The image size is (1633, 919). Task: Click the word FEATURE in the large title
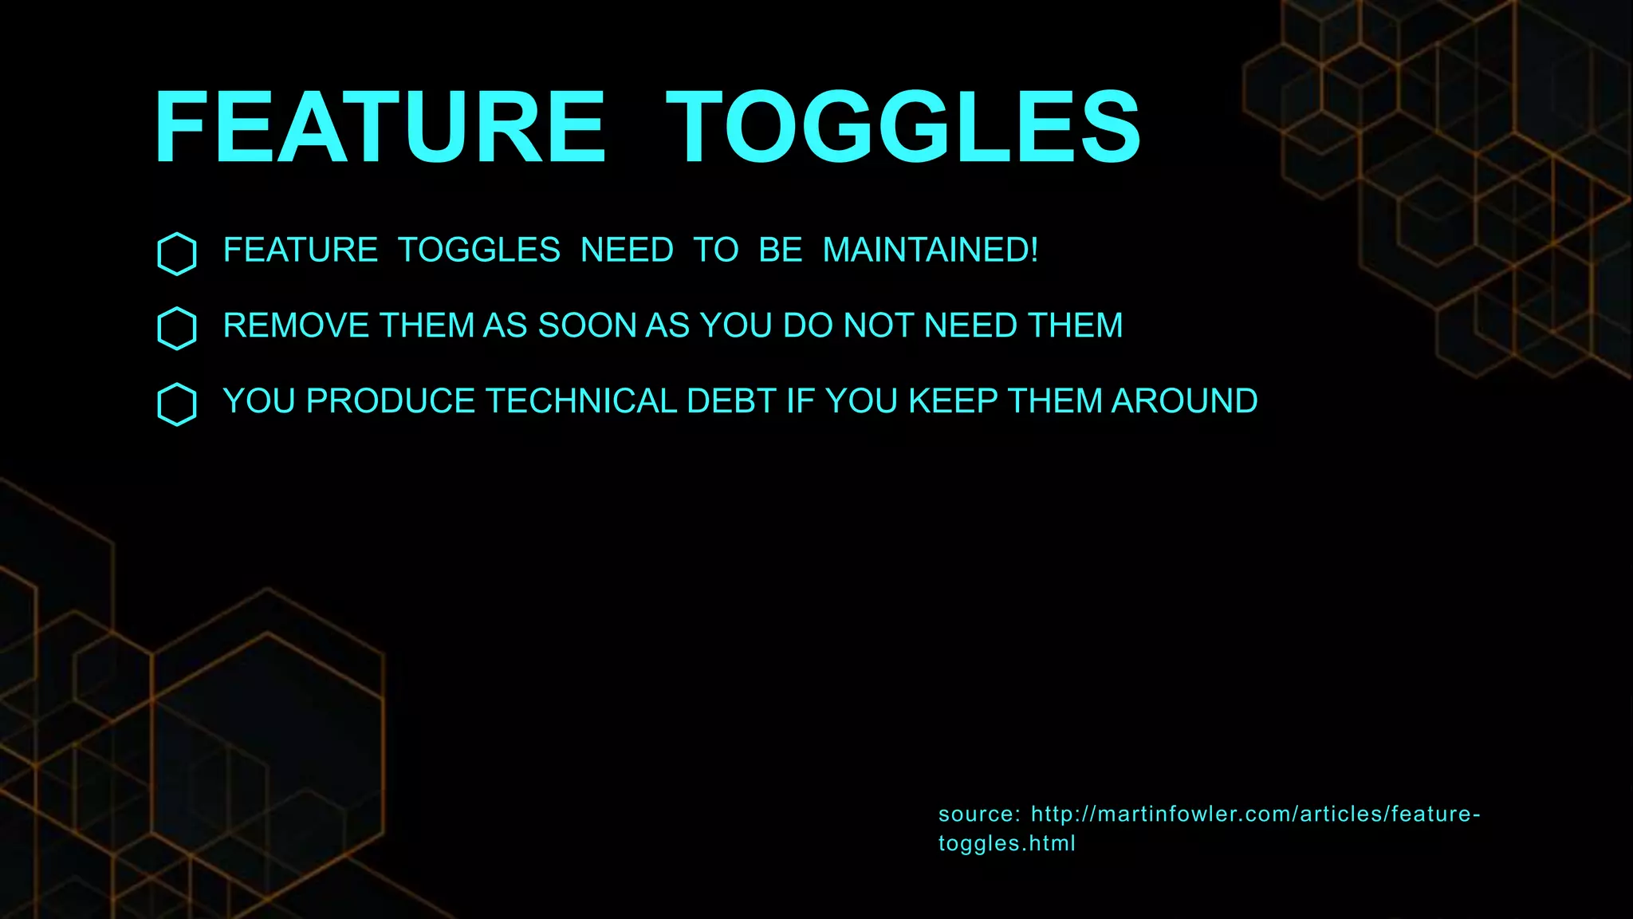(380, 128)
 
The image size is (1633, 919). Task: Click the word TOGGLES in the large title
(903, 128)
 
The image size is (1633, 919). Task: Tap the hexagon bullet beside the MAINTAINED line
(177, 254)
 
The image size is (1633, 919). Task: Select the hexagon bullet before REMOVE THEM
(177, 329)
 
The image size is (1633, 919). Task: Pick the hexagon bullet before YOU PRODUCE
(177, 404)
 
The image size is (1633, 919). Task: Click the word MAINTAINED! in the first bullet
(931, 250)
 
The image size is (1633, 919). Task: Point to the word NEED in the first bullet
(627, 250)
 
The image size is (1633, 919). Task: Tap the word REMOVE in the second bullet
(296, 325)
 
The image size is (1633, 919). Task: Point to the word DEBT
(731, 401)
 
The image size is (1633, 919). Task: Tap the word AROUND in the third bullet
(1184, 401)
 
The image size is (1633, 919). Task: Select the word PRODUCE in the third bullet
(391, 401)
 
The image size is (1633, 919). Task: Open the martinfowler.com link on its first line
(1255, 814)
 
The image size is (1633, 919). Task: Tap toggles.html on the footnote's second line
(1006, 843)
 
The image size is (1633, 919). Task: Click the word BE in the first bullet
(780, 250)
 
